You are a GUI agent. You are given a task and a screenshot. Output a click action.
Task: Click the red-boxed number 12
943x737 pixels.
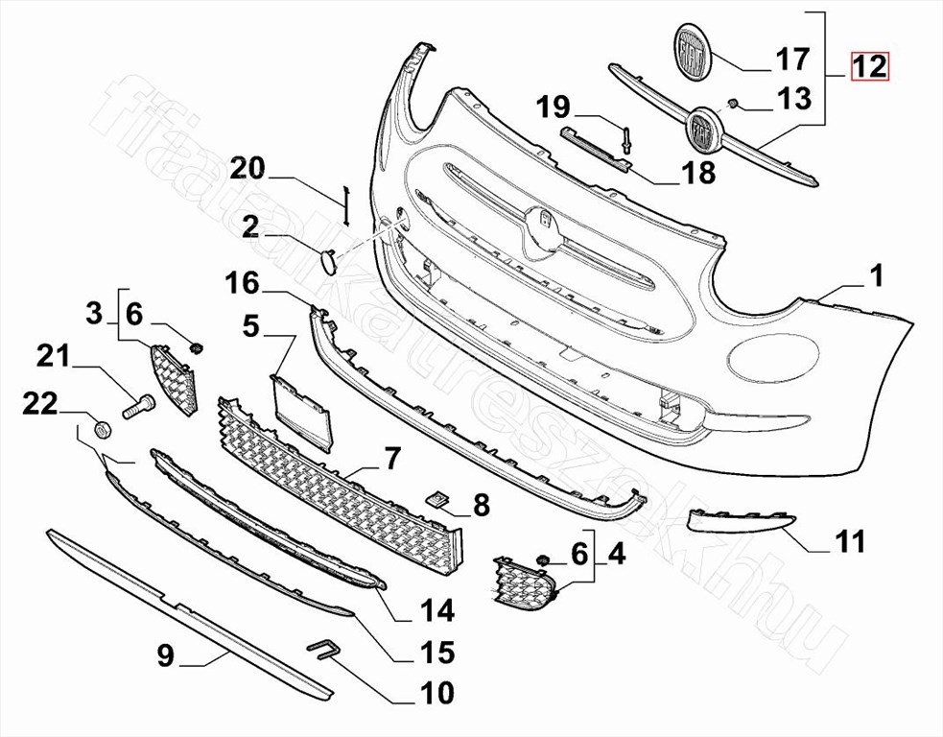click(869, 66)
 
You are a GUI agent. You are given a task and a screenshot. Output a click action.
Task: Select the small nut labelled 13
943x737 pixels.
click(733, 104)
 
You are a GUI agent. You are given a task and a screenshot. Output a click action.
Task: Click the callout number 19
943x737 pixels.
click(554, 107)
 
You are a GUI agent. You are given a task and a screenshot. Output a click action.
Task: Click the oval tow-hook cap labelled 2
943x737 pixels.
click(329, 262)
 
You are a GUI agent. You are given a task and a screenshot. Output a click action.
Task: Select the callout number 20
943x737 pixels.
click(248, 168)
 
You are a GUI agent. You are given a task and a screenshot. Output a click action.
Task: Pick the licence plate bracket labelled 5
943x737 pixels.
click(300, 413)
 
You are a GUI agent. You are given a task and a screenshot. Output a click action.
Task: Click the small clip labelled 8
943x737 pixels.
click(439, 498)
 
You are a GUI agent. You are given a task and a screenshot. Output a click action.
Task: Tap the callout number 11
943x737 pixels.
click(848, 541)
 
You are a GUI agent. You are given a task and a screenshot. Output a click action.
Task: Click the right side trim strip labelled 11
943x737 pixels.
click(742, 520)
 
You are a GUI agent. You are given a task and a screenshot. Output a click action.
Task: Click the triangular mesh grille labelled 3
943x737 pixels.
click(174, 380)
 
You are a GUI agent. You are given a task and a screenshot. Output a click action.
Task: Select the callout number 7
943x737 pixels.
click(391, 459)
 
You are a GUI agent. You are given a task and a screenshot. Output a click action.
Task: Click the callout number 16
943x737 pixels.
click(242, 283)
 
